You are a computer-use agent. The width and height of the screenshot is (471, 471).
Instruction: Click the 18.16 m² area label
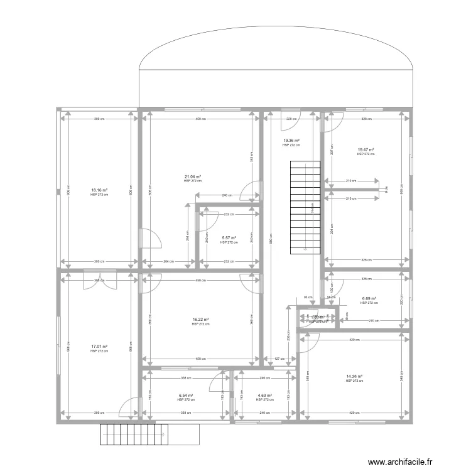click(x=99, y=190)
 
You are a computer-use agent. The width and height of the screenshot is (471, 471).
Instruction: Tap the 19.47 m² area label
click(x=366, y=149)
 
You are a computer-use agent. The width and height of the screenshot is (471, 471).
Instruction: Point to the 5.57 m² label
click(x=229, y=238)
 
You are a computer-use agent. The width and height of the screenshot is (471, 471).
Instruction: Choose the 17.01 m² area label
click(x=99, y=347)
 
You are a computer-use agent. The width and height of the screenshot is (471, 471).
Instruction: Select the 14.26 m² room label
click(x=354, y=377)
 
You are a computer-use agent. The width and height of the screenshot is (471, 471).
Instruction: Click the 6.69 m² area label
click(x=369, y=299)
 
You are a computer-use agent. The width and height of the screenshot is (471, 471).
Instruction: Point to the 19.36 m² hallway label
click(x=291, y=141)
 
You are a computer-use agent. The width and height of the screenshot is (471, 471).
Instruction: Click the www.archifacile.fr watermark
click(x=401, y=462)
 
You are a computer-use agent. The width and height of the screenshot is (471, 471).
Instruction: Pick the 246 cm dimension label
click(x=226, y=195)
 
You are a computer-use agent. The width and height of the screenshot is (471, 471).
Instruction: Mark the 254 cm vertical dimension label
click(x=187, y=234)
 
